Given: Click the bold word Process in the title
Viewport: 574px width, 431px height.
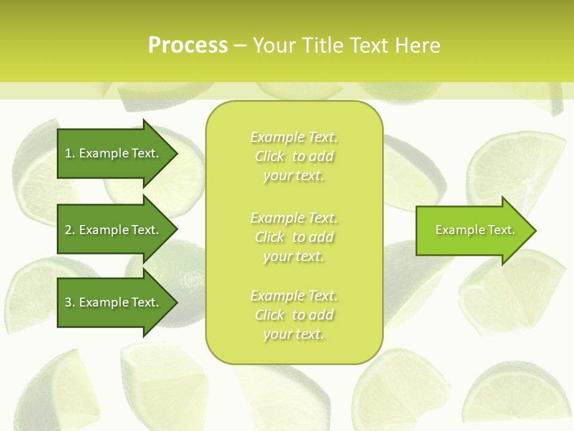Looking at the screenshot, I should tap(188, 45).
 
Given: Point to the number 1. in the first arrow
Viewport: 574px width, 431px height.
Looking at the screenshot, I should tap(70, 153).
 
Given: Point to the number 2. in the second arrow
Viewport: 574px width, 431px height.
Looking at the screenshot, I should tap(70, 230).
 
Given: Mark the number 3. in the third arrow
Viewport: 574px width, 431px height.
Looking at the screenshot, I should tap(70, 302).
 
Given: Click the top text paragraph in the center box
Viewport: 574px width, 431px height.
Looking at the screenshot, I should tap(294, 156).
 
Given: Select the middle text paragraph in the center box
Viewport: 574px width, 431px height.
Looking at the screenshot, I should tap(294, 237).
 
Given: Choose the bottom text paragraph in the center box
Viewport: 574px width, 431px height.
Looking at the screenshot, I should tap(294, 315).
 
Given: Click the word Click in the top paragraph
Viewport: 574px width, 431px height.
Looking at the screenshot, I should tap(270, 157).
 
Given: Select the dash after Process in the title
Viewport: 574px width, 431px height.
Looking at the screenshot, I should tap(240, 45).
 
